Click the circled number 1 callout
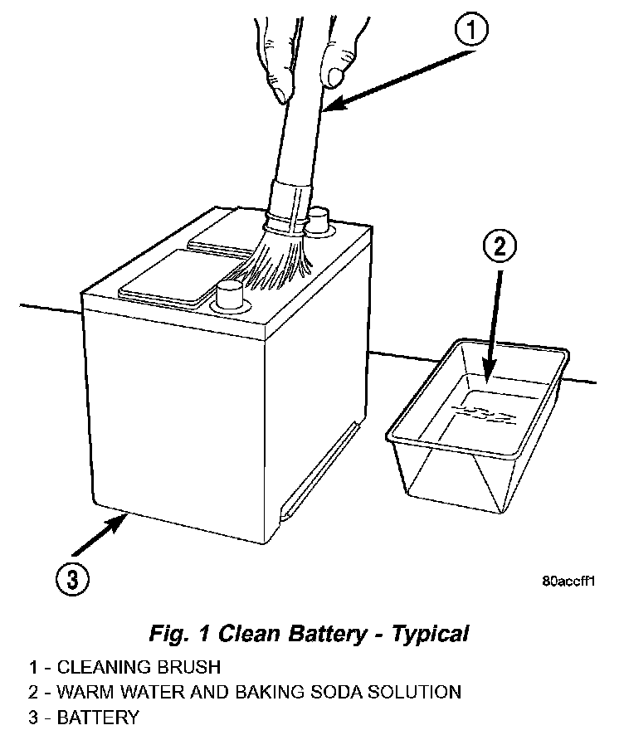(x=470, y=31)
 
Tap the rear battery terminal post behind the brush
(x=317, y=221)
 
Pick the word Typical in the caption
(x=430, y=635)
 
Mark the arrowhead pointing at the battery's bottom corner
(x=120, y=522)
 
